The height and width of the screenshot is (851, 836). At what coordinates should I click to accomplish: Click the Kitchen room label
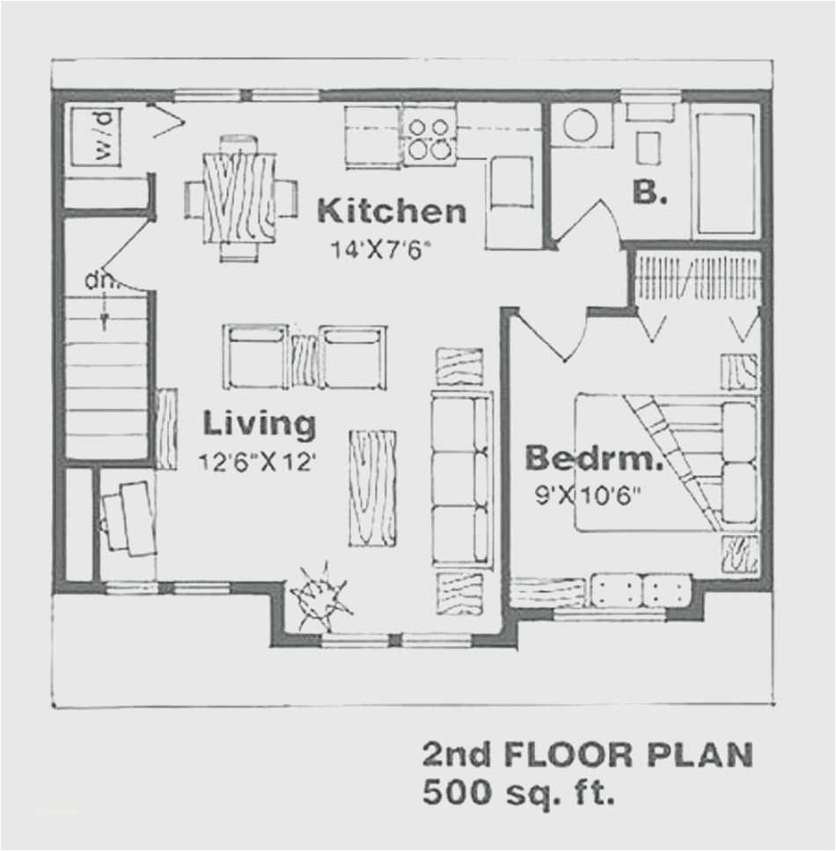coord(391,211)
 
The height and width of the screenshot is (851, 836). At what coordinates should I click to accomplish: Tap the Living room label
coord(259,423)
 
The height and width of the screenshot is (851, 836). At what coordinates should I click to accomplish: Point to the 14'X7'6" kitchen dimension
coord(384,249)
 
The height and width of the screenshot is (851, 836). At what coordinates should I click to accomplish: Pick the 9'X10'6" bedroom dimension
coord(587,495)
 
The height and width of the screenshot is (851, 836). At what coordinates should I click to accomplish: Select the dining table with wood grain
coord(239,197)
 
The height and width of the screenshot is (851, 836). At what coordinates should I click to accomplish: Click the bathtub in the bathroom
coord(725,172)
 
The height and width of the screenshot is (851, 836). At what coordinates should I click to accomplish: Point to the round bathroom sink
coord(580,125)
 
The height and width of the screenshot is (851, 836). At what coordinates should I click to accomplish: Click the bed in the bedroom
coord(666,463)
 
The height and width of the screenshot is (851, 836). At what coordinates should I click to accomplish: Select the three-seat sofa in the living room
coord(461,481)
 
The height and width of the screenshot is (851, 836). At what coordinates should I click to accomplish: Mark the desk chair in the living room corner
coord(120,519)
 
